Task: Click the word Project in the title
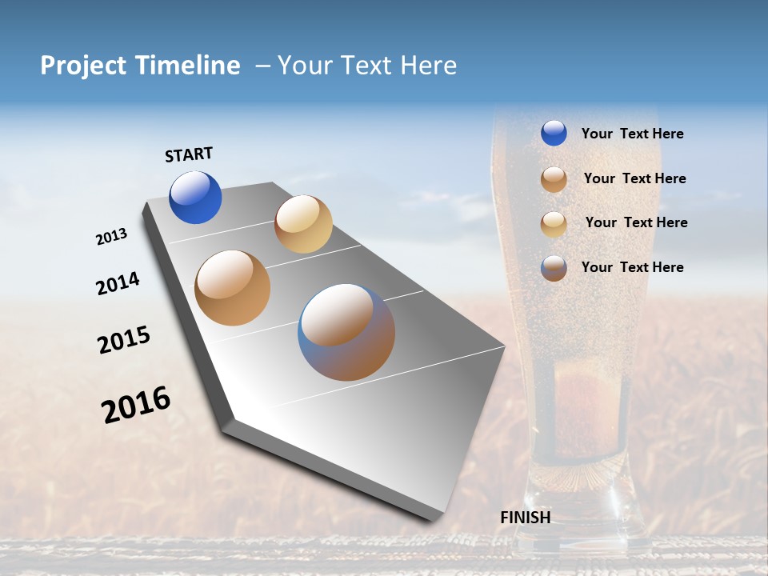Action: coord(84,66)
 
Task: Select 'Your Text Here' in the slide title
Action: coord(367,66)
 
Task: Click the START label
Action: coord(189,154)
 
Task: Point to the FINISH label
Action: coord(526,518)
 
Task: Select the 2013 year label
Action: coord(111,237)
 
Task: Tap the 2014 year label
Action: coord(118,284)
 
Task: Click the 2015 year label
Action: coord(124,340)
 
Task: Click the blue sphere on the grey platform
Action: coord(195,198)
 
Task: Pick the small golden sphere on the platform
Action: coord(303,224)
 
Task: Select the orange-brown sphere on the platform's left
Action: coord(233,288)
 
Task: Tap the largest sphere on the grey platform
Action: coord(346,332)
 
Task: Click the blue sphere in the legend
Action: coord(554,133)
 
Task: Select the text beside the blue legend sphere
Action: coord(632,134)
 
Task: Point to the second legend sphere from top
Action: coord(554,179)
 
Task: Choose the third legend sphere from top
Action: coord(554,224)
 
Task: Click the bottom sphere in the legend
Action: coord(554,268)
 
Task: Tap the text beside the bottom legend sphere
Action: coord(632,267)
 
